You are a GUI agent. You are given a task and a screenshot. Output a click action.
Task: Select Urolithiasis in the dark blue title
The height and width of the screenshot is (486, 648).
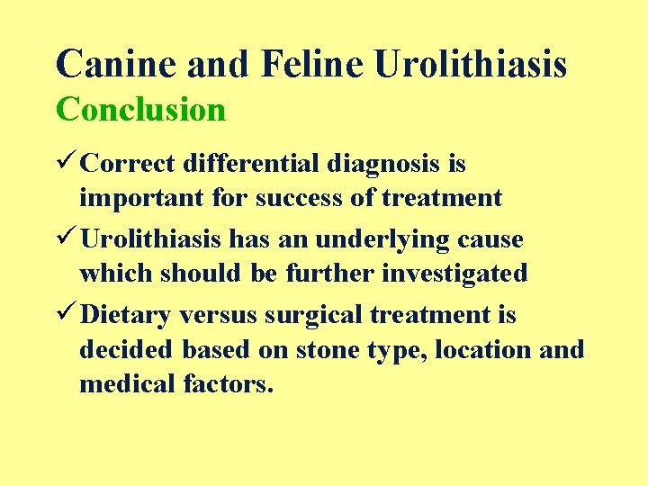(471, 65)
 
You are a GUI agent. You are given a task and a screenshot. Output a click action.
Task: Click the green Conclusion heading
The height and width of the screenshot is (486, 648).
(140, 110)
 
